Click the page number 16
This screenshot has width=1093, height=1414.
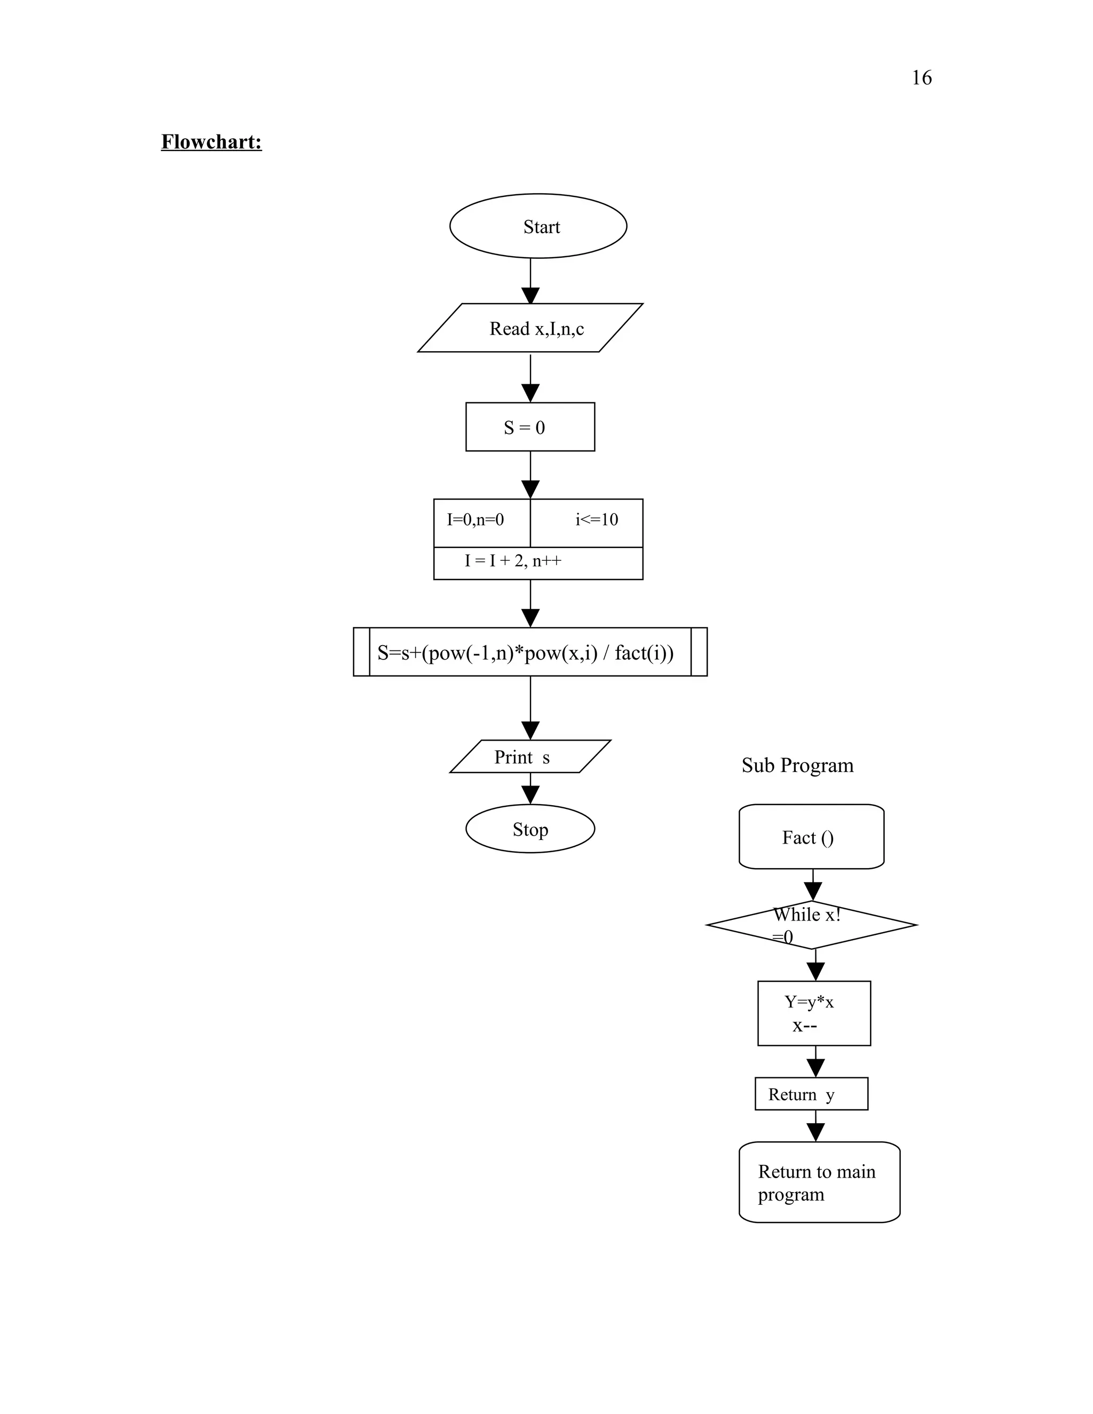click(x=921, y=78)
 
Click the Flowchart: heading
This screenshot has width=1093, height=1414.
click(x=211, y=142)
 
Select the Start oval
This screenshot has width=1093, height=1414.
click(x=537, y=226)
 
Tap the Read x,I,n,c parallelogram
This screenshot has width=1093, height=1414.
click(x=530, y=328)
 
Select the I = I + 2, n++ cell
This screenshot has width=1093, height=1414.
click(x=537, y=561)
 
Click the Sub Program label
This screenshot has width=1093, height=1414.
click(x=797, y=765)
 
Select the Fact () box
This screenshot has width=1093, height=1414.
click(x=811, y=837)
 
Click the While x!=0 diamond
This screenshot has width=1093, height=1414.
click(x=811, y=925)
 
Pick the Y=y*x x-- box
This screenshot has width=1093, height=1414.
click(x=813, y=1013)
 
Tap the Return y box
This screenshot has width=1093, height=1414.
click(x=811, y=1094)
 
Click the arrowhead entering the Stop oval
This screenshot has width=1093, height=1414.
click(x=530, y=795)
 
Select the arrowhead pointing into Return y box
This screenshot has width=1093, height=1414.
click(x=815, y=1068)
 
